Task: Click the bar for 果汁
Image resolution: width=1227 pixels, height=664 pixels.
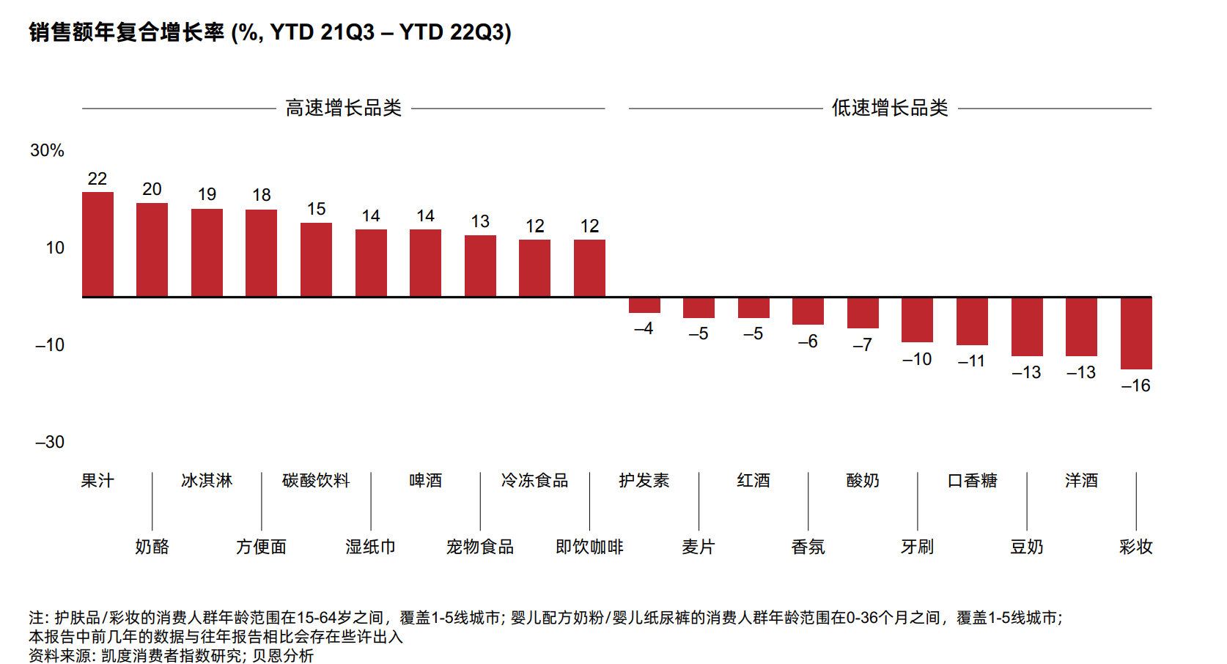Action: coord(97,244)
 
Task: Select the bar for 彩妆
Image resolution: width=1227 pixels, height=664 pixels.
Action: coord(1136,333)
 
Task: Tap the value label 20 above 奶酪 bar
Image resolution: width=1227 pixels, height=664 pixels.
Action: coord(152,189)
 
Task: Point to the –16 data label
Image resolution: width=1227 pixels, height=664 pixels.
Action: coord(1135,386)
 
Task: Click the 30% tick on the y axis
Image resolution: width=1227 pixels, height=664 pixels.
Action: coord(47,150)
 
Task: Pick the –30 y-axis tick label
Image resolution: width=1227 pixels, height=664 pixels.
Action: coord(49,442)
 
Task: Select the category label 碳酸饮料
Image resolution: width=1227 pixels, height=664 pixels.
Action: coord(316,481)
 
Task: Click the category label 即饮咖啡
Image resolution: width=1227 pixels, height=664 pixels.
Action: coord(589,547)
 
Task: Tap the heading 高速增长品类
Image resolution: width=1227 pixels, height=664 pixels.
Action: coord(343,108)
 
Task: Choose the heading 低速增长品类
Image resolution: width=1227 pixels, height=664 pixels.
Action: coord(890,108)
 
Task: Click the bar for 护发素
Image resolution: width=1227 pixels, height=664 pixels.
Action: coord(644,305)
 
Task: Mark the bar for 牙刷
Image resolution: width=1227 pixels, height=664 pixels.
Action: coord(917,320)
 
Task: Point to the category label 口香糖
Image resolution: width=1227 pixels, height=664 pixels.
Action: coord(972,481)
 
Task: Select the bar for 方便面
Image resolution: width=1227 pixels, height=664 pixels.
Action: coord(261,253)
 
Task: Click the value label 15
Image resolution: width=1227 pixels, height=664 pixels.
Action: coord(316,209)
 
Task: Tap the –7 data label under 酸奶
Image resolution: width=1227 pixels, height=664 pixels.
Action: coord(862,344)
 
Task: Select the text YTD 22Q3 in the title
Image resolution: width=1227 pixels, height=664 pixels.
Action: coord(454,32)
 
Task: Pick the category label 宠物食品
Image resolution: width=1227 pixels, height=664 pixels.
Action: coord(480,547)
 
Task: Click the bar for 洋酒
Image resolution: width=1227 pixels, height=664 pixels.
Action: coord(1081,326)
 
